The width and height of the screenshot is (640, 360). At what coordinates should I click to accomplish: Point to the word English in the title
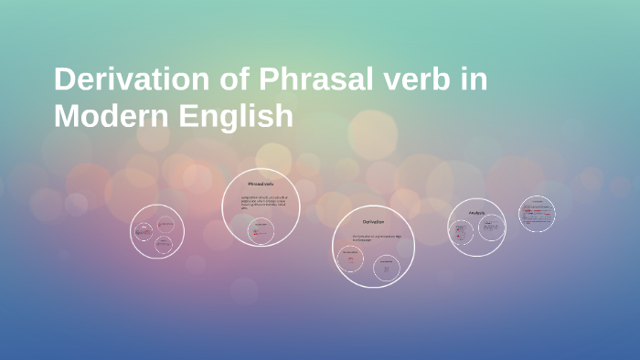(240, 117)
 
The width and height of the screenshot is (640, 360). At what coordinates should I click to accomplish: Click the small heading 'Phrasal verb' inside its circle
(261, 184)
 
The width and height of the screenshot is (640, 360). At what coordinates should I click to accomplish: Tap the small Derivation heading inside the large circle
(373, 222)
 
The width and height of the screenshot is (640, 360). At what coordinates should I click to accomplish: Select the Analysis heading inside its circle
(476, 213)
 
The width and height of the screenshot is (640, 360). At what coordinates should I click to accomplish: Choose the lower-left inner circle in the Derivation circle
(350, 259)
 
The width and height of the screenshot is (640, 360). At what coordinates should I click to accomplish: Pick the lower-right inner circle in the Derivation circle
(387, 267)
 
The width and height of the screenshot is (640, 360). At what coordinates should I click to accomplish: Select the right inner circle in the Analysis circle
(491, 228)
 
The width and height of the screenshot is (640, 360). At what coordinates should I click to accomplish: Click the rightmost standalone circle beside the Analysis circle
(537, 214)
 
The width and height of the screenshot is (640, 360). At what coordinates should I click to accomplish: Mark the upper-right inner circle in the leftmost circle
(165, 224)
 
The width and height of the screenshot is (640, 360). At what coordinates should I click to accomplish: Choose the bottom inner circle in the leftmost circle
(163, 244)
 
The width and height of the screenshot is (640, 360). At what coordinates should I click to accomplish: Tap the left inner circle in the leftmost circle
(144, 232)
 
